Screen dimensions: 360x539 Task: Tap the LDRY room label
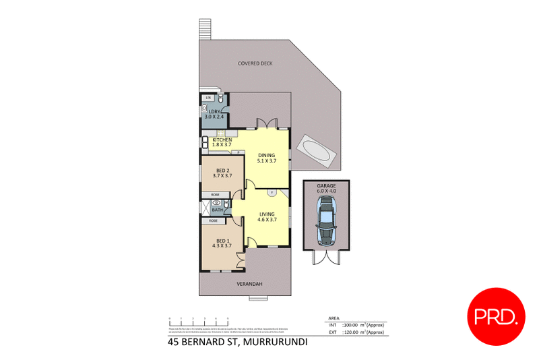216,111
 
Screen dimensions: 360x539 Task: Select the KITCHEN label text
222,140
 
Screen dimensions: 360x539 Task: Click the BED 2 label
223,170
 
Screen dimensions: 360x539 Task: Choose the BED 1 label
223,241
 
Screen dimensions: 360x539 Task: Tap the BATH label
217,210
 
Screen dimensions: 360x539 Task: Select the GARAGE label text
327,184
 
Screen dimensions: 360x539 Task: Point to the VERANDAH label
248,284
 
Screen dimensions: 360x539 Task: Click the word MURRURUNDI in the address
270,342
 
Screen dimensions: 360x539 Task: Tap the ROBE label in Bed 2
214,195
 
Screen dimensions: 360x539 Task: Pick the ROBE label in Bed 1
213,221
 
